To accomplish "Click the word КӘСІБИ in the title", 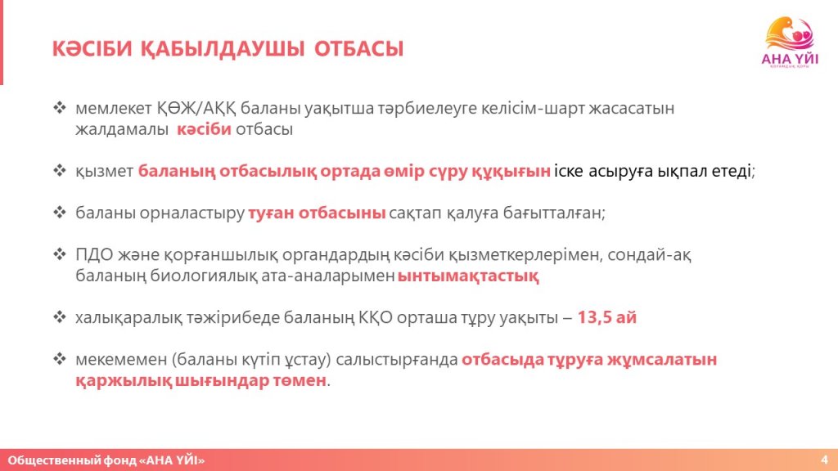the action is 92,49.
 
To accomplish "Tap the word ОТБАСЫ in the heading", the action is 358,49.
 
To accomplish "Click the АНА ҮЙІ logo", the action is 790,43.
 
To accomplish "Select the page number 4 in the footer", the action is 825,460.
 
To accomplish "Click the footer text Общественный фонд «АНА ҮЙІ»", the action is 106,460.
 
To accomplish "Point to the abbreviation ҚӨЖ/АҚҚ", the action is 196,109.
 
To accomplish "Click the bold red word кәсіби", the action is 204,129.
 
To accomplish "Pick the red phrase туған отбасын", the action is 317,213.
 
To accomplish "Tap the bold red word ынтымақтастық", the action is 468,276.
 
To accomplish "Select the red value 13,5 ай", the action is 606,318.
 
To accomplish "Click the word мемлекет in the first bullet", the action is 113,109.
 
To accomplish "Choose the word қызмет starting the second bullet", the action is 104,172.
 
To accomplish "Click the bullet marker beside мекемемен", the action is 59,359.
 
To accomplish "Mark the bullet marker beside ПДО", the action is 59,254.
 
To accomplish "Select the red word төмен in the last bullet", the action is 300,381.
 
